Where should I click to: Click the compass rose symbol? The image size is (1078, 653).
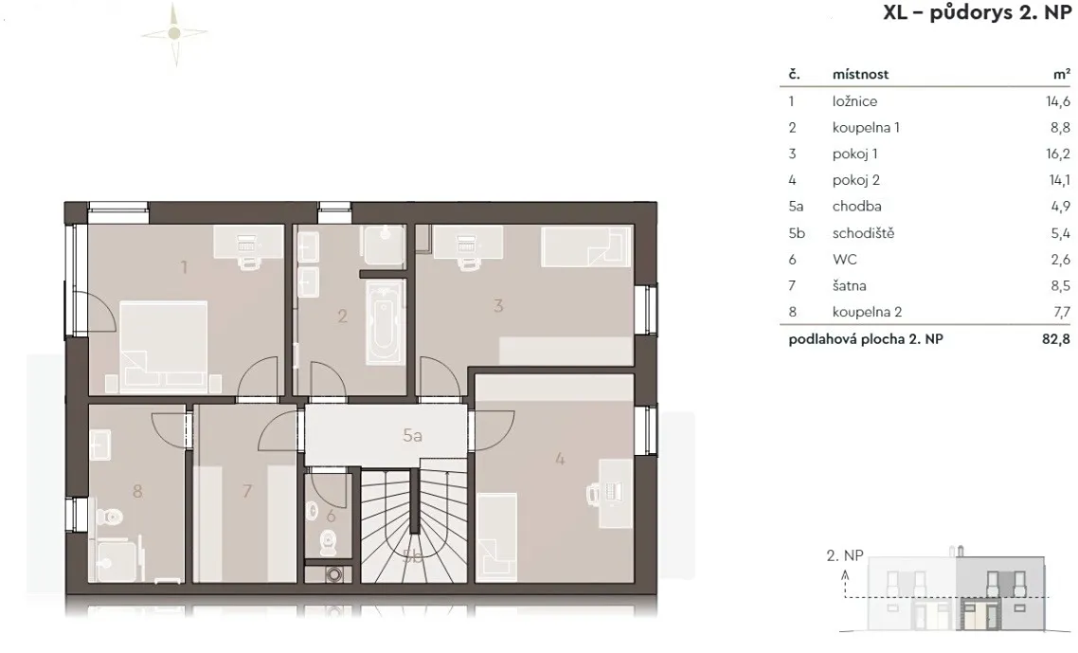tap(174, 33)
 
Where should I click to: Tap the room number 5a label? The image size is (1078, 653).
tap(412, 436)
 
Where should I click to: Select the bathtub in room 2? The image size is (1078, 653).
tap(382, 322)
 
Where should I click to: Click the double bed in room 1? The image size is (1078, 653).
tap(164, 344)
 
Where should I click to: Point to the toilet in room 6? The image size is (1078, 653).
tap(329, 543)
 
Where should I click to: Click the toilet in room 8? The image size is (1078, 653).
tap(109, 517)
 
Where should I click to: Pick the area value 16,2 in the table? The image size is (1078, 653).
tap(1058, 154)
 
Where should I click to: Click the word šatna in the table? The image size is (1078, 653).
tap(849, 285)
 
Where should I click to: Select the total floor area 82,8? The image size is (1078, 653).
tap(1056, 339)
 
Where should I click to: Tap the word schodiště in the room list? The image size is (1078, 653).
tap(863, 233)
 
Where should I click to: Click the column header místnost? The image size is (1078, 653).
tap(860, 74)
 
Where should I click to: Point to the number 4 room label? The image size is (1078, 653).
tap(560, 459)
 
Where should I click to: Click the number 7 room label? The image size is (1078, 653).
tap(247, 491)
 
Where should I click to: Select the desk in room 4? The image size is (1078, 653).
tap(616, 494)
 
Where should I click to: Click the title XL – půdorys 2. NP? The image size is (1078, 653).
tap(977, 13)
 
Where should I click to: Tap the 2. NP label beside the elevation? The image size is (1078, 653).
tap(844, 555)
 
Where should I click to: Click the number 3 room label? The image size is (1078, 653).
tap(498, 305)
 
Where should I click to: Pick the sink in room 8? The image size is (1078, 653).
tap(100, 444)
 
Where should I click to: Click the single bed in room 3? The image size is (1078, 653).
tap(585, 246)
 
